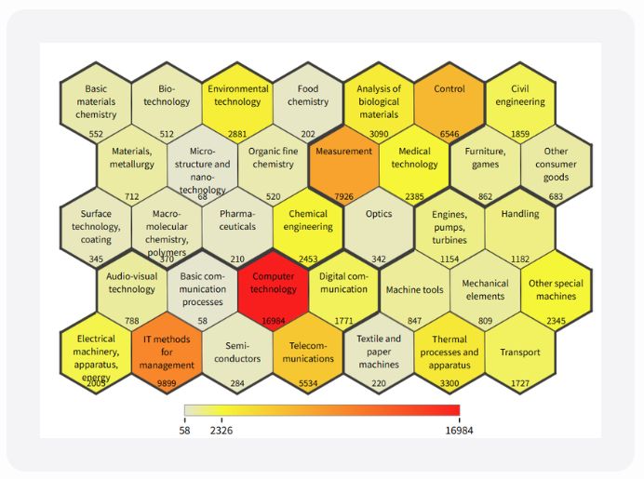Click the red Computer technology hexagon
(x=274, y=288)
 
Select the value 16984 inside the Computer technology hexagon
(x=274, y=321)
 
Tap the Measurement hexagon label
(x=343, y=152)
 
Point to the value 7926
(x=343, y=196)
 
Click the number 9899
(x=168, y=382)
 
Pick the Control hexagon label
(x=449, y=89)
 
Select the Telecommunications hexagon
(x=308, y=353)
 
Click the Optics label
(x=379, y=214)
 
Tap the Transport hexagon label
(x=519, y=353)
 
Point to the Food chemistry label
(x=308, y=96)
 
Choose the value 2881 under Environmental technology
(x=237, y=134)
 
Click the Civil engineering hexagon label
(x=520, y=96)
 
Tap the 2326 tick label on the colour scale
(x=221, y=431)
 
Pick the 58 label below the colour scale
(x=184, y=431)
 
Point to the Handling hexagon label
(x=519, y=214)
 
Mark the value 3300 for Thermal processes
(x=449, y=382)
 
